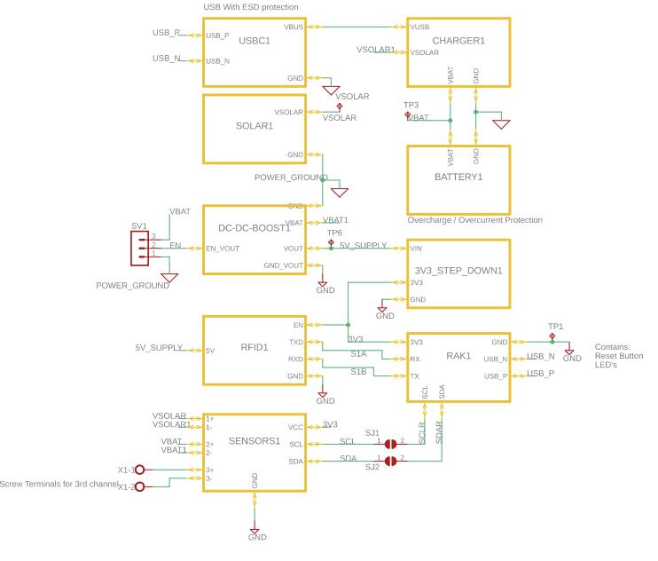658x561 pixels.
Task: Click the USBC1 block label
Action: point(255,41)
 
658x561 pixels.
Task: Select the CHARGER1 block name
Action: point(458,41)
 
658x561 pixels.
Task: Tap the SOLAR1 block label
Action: point(255,126)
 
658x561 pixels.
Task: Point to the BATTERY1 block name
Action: point(458,177)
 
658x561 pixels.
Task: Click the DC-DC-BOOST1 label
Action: point(255,228)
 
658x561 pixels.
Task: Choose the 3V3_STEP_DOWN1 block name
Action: point(458,271)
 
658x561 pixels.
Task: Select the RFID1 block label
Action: point(255,347)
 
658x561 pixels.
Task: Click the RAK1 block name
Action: point(458,356)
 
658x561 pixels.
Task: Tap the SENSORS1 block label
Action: point(255,441)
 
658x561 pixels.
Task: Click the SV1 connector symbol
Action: point(139,249)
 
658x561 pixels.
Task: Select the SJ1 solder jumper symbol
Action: point(390,444)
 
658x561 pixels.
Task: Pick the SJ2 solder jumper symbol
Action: point(390,461)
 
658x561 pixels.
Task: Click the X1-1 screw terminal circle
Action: point(139,470)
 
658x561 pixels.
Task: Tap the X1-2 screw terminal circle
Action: point(139,486)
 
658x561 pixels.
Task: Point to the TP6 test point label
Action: point(334,233)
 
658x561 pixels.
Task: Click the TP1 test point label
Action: point(555,326)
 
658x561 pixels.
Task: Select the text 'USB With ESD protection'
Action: point(251,7)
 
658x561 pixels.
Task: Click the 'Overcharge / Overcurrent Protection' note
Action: point(474,220)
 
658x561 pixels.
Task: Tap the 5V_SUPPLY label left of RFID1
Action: point(159,347)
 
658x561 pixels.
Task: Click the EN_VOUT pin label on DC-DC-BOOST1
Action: point(223,249)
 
